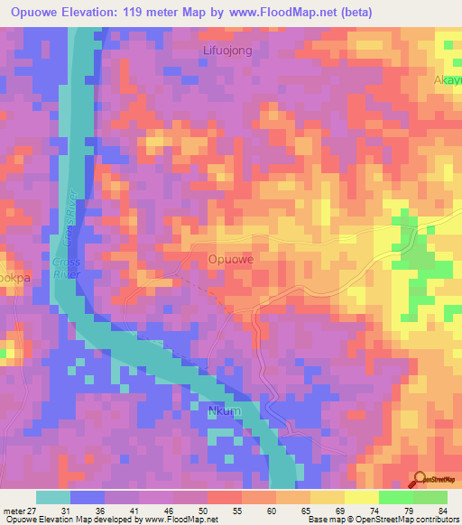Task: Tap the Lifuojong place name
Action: [x=226, y=51]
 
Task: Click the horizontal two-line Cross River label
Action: [x=67, y=268]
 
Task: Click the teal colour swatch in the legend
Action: [x=52, y=497]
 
